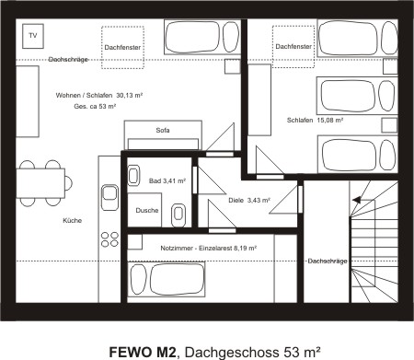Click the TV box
pyautogui.click(x=34, y=36)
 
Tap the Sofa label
pyautogui.click(x=163, y=131)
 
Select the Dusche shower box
pyautogui.click(x=147, y=211)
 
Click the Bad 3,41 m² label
pyautogui.click(x=167, y=181)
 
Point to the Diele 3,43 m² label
pyautogui.click(x=244, y=201)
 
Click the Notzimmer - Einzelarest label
pyautogui.click(x=208, y=248)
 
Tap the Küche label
pyautogui.click(x=73, y=221)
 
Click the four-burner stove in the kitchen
pyautogui.click(x=109, y=236)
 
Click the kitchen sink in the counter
pyautogui.click(x=109, y=196)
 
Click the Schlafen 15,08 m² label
pyautogui.click(x=315, y=120)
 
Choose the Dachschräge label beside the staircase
pyautogui.click(x=327, y=261)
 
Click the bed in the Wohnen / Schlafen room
pyautogui.click(x=194, y=39)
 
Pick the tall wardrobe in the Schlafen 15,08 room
pyautogui.click(x=259, y=118)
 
